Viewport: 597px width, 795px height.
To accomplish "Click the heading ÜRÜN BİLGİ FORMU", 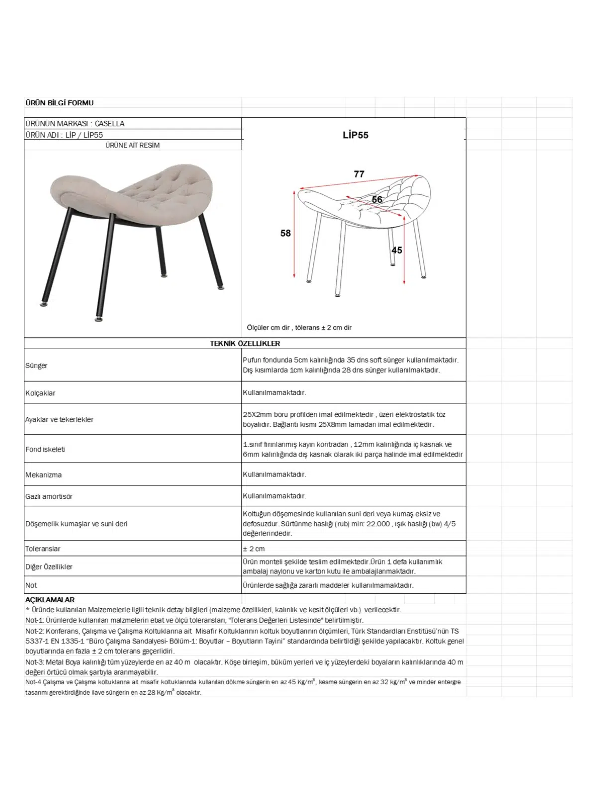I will pos(59,103).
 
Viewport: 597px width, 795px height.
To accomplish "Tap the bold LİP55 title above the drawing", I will pos(355,135).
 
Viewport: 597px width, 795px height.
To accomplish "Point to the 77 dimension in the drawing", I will pos(359,174).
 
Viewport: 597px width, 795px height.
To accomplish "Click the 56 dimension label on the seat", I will pos(377,200).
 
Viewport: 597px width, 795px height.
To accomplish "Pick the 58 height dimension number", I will pos(286,233).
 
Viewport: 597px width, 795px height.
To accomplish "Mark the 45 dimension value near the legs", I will pos(397,250).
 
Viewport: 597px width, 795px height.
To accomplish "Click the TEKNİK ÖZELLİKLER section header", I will pos(245,343).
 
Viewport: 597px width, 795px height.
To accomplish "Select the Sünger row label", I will pos(36,366).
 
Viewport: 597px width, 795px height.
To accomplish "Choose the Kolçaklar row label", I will pos(40,393).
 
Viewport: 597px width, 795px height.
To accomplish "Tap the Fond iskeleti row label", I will pos(45,449).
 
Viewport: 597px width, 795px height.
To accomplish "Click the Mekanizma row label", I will pos(44,475).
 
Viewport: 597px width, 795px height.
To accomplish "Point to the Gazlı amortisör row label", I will pos(49,496).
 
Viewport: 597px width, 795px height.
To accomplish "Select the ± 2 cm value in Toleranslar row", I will pos(254,549).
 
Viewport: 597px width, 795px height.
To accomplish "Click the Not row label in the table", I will pos(31,585).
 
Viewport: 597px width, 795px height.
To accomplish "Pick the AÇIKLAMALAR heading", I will pos(50,600).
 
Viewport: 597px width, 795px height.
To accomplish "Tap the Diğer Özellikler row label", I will pos(49,567).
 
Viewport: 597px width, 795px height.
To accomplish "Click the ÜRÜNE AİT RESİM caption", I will pos(132,145).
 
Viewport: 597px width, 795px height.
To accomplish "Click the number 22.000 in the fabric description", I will pos(378,524).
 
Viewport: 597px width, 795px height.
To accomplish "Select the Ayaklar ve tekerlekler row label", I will pos(59,419).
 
